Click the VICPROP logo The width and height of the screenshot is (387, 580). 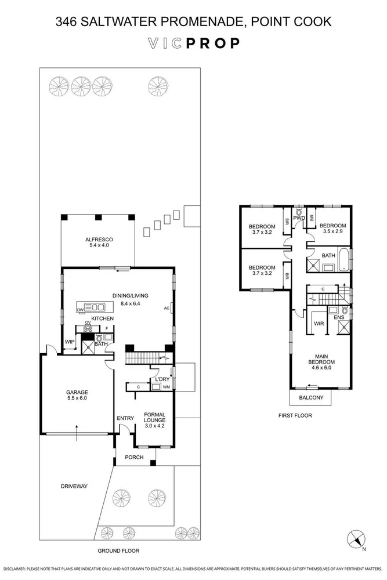pos(193,43)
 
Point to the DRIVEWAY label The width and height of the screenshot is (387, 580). pos(74,486)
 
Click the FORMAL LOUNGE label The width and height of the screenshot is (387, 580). pos(154,416)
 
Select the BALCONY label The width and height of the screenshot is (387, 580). pos(310,398)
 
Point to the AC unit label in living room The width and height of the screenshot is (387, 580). pos(167,308)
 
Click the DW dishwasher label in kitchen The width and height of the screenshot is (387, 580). pos(80,310)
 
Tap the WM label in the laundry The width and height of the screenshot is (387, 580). pos(167,387)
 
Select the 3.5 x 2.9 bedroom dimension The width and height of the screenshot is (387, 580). pos(332,231)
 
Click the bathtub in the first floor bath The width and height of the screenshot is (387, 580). pos(344,261)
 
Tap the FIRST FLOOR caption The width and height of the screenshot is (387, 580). pos(296,415)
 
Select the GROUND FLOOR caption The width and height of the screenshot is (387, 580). pos(118,550)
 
